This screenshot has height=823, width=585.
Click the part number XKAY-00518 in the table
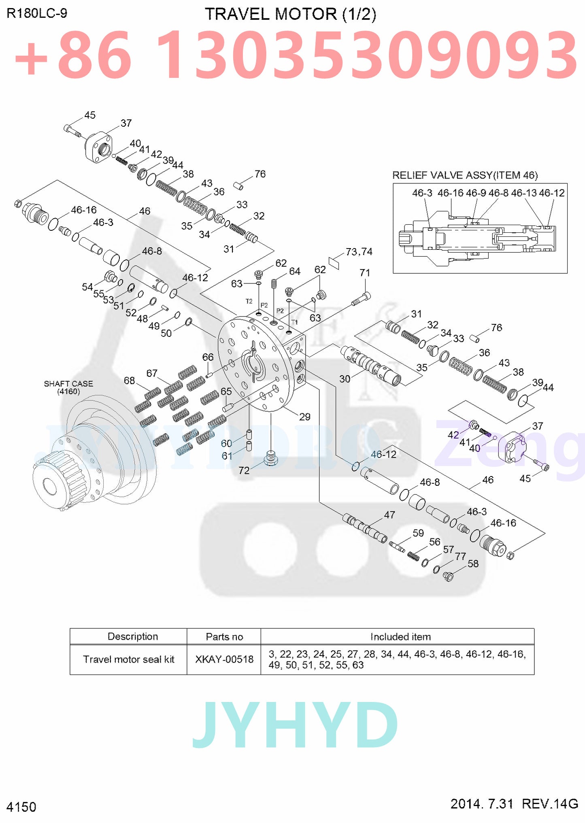pos(224,659)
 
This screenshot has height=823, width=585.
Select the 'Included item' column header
pos(400,637)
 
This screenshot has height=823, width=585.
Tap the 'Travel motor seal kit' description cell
pos(128,659)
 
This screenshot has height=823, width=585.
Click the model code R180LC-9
pos(37,13)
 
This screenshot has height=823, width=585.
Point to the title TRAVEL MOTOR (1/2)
pos(290,14)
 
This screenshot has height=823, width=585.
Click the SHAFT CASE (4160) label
pos(68,387)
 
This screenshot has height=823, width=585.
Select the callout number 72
pos(244,470)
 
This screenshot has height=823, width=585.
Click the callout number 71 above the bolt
pos(365,272)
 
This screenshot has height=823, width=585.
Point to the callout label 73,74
pos(359,251)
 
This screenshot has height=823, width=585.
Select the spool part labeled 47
pos(364,528)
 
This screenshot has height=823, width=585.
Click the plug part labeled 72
pos(271,458)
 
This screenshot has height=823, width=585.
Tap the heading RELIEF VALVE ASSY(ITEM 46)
pos(465,175)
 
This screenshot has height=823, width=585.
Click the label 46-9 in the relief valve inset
pos(476,193)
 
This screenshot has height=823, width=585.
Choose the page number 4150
pos(21,806)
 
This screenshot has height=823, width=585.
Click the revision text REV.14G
pos(550,803)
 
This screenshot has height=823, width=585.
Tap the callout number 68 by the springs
pos(129,380)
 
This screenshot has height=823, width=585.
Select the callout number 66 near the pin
pos(208,357)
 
